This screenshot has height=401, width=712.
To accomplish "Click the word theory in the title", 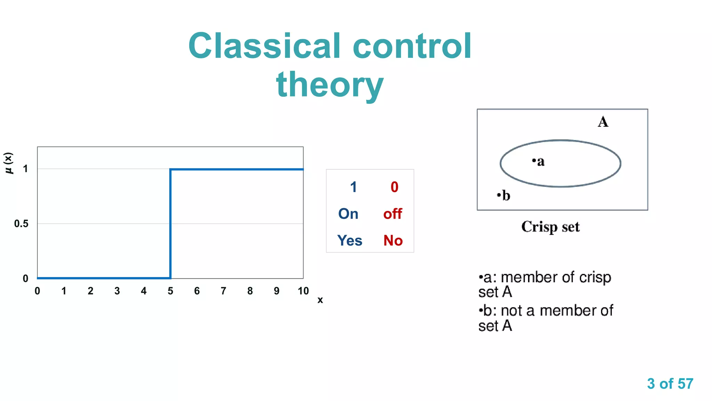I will [330, 85].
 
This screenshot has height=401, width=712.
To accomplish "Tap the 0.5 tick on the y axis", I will [21, 224].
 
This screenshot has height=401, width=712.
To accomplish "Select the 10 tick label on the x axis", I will [303, 291].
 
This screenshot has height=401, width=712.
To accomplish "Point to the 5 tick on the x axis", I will [170, 291].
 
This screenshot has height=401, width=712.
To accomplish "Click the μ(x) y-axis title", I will [9, 163].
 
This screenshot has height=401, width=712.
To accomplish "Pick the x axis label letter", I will [320, 300].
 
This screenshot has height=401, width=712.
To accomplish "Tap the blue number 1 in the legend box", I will [353, 187].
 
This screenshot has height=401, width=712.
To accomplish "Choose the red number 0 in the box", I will [394, 187].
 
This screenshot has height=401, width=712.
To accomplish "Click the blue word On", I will [348, 214].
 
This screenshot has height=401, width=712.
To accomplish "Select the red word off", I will [393, 214].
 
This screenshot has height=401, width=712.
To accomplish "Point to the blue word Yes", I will [349, 241].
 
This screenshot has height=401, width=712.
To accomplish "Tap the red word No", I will [393, 241].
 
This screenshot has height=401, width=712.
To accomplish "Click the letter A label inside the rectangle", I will [603, 122].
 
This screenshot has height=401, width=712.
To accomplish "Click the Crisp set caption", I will [550, 227].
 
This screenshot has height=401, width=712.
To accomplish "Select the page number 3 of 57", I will [670, 384].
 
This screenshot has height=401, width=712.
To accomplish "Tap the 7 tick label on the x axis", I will [224, 291].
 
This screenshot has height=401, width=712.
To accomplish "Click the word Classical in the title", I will [265, 46].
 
